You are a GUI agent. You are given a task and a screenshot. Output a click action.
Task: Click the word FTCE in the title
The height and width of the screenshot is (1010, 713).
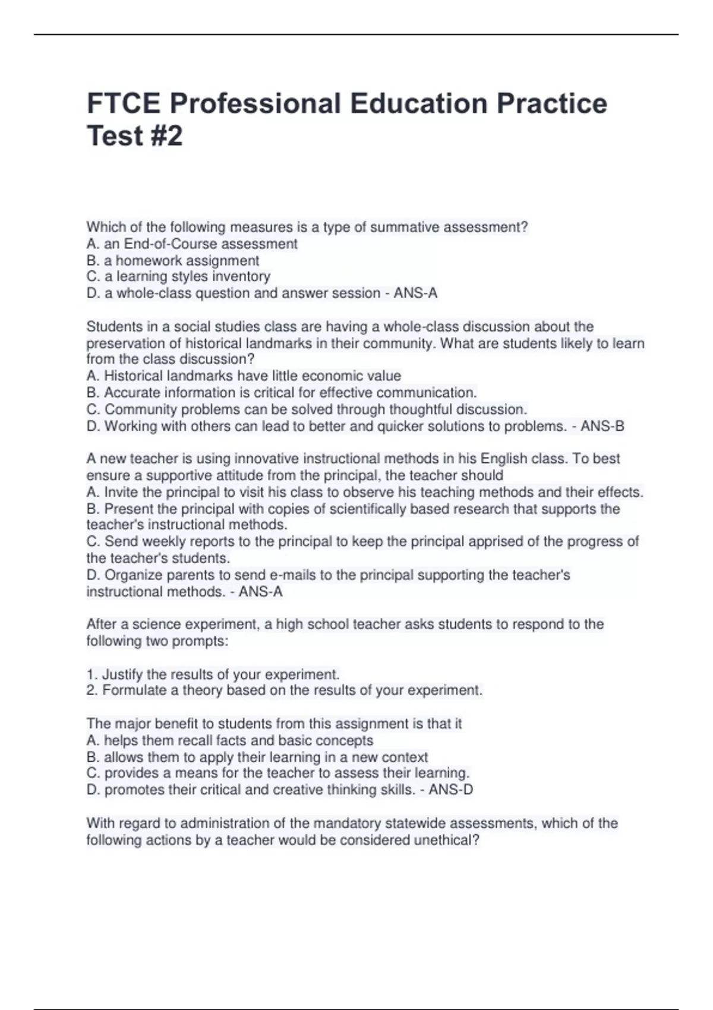pyautogui.click(x=124, y=103)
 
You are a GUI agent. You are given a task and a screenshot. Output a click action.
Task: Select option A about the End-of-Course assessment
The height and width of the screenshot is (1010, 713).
pyautogui.click(x=192, y=244)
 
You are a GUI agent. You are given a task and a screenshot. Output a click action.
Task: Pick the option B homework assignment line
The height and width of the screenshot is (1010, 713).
pyautogui.click(x=173, y=260)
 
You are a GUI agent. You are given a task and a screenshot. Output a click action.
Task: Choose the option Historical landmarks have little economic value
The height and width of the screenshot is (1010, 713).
pyautogui.click(x=244, y=375)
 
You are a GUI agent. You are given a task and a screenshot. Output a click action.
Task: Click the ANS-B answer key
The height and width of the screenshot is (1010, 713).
pyautogui.click(x=602, y=426)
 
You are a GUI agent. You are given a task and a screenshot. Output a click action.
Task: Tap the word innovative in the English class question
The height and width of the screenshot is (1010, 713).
pyautogui.click(x=267, y=459)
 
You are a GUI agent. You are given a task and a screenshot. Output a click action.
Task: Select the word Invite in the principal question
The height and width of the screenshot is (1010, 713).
pyautogui.click(x=122, y=492)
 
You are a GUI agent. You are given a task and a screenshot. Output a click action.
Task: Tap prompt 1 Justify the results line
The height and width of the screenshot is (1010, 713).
pyautogui.click(x=213, y=674)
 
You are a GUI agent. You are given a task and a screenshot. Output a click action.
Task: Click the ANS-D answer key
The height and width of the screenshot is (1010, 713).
pyautogui.click(x=451, y=790)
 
